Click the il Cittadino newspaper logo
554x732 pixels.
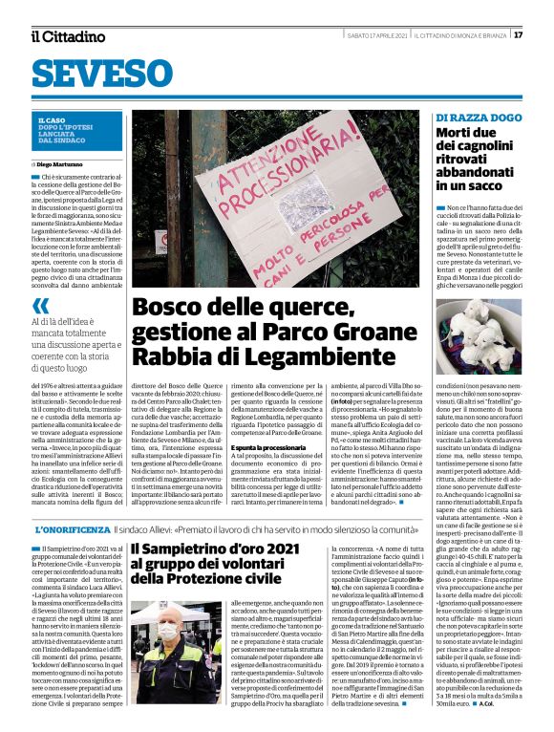[68, 36]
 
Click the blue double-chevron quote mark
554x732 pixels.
[40, 306]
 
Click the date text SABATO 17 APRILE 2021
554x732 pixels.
[377, 35]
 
